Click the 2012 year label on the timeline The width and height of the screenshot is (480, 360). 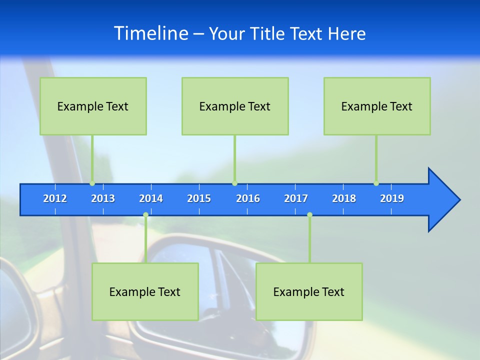click(55, 199)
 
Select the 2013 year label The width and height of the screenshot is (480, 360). click(103, 199)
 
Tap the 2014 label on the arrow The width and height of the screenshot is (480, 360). click(151, 199)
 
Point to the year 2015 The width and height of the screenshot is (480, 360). click(199, 199)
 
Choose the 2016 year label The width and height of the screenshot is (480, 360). click(248, 199)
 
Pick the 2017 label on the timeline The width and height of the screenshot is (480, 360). click(296, 199)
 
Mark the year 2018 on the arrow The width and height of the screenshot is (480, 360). click(344, 199)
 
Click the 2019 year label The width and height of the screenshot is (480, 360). click(392, 199)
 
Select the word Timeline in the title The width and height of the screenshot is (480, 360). click(150, 33)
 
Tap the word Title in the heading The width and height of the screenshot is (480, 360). click(268, 34)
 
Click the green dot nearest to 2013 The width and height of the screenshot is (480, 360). click(92, 183)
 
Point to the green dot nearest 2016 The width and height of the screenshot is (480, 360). click(234, 183)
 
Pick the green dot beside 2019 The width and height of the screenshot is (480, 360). click(376, 183)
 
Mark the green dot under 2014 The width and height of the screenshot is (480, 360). click(145, 215)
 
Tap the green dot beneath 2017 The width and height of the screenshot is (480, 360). click(309, 215)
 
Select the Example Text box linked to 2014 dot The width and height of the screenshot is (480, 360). click(145, 291)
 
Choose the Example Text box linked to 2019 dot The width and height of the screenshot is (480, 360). click(377, 106)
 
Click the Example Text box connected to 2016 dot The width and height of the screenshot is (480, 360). click(235, 106)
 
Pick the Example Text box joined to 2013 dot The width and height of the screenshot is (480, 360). click(93, 106)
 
